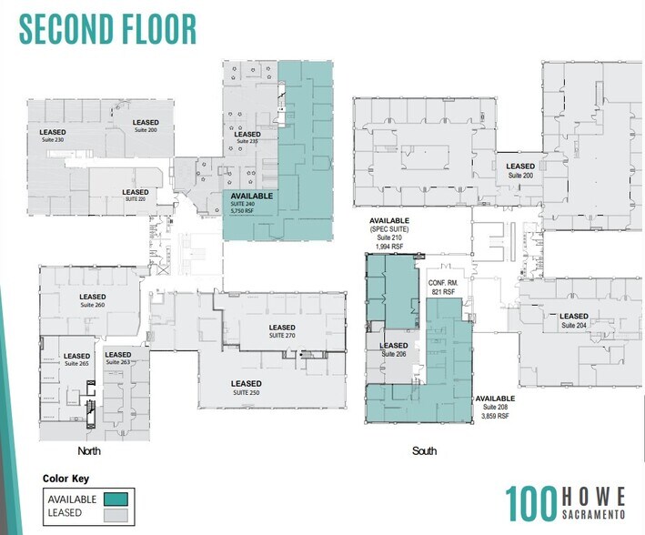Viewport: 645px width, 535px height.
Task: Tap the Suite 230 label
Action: click(53, 140)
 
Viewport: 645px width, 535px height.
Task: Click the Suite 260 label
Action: click(93, 305)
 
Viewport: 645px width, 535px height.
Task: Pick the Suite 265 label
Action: click(76, 363)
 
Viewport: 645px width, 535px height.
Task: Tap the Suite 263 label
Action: click(117, 362)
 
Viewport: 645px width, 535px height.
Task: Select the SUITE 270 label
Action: click(281, 336)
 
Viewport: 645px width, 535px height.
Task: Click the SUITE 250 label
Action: click(246, 392)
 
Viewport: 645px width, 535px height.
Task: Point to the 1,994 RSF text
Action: click(388, 246)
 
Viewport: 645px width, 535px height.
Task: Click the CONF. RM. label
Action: click(443, 284)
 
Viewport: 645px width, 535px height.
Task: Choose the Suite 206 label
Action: click(394, 353)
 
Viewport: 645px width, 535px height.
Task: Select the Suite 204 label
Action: click(573, 325)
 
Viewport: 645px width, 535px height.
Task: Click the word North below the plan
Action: click(88, 451)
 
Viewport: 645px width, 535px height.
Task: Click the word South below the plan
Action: click(424, 451)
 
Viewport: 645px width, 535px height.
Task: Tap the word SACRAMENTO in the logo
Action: click(597, 514)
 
